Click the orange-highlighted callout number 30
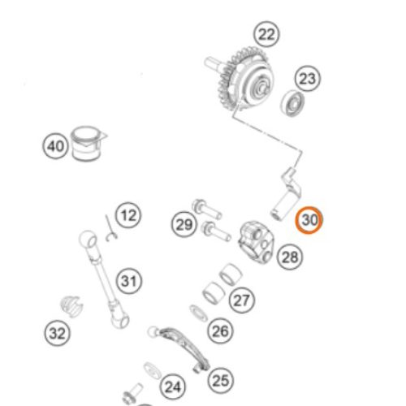[309, 220]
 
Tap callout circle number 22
[266, 34]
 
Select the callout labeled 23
[307, 79]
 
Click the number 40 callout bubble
[55, 146]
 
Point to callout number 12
[128, 215]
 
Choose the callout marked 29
[184, 224]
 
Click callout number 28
[290, 257]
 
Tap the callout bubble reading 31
[129, 281]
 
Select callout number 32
[57, 333]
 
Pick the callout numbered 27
[242, 300]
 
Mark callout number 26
[221, 331]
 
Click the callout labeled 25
[221, 381]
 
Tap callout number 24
[173, 387]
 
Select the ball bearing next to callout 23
[292, 103]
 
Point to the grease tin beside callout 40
[87, 144]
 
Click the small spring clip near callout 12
[110, 229]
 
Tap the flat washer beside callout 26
[198, 313]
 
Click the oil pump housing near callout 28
[256, 242]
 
